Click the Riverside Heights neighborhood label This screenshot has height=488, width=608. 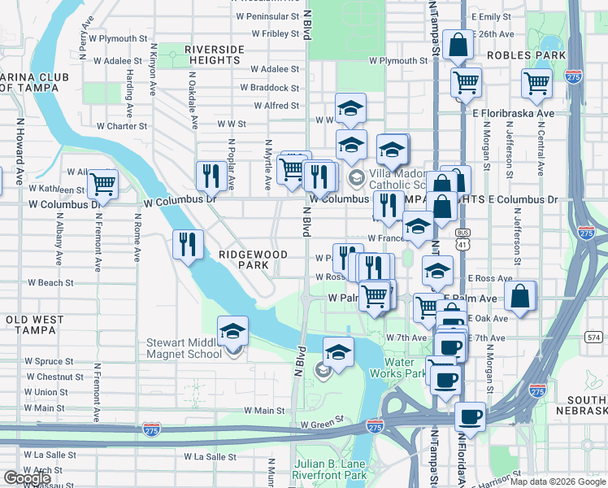pos(215,55)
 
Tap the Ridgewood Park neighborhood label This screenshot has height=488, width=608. pos(253,259)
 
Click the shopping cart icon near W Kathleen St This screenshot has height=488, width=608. pos(102,184)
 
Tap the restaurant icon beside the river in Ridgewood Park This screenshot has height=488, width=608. pos(188,243)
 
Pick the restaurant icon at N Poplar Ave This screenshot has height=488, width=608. pos(211,175)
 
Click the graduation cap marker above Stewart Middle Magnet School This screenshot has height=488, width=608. pos(233,331)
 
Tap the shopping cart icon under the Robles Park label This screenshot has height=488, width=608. pos(537,82)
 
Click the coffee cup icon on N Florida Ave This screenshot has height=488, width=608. pos(470,417)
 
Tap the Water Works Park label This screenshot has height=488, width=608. pos(405,368)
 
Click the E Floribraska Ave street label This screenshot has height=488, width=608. pos(514,114)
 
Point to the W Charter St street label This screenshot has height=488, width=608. pos(121,126)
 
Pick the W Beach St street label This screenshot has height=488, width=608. pos(50,283)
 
